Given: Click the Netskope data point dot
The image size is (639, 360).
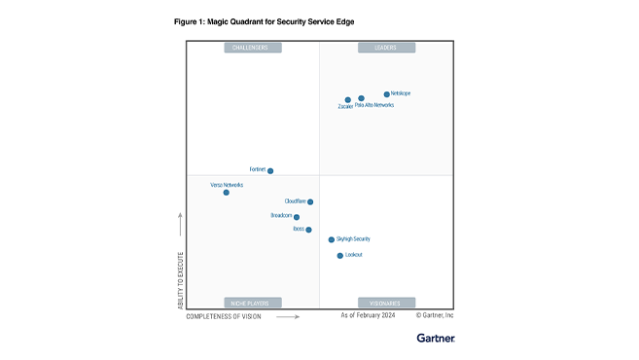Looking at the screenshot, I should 386,94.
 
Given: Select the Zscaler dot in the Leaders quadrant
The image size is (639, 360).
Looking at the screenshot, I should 347,100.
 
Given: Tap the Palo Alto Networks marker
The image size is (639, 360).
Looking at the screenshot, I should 361,98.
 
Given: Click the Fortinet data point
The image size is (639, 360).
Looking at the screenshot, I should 270,170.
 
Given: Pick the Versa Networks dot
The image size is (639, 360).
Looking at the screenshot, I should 226,193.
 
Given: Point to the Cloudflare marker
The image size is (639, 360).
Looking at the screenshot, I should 310,202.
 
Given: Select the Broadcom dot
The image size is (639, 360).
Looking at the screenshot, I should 297,218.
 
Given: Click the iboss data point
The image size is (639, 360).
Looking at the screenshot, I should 308,230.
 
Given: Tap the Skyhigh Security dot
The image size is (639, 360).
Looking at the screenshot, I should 332,239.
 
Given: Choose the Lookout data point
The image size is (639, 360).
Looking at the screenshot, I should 339,256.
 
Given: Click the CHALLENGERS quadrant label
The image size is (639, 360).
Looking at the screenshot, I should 252,47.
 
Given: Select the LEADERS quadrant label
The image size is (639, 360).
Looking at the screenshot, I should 386,47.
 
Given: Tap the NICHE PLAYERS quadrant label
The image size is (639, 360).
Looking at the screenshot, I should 252,303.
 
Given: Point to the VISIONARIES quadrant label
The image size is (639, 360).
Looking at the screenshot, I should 386,303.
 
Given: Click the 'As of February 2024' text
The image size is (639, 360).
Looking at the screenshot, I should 369,316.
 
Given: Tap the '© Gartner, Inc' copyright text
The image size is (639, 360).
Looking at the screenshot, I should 435,316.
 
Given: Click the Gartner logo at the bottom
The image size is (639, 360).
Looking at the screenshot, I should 435,339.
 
